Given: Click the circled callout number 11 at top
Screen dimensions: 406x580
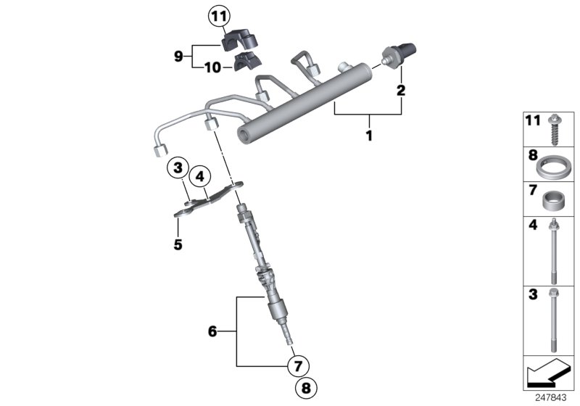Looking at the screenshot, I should pyautogui.click(x=218, y=14).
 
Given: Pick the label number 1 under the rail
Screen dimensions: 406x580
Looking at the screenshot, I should pyautogui.click(x=369, y=136).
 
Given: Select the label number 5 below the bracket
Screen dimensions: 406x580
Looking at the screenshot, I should pyautogui.click(x=178, y=244).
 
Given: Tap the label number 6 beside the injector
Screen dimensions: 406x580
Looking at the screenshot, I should pyautogui.click(x=212, y=331).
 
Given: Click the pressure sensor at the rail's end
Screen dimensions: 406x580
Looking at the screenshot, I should pyautogui.click(x=399, y=53).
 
